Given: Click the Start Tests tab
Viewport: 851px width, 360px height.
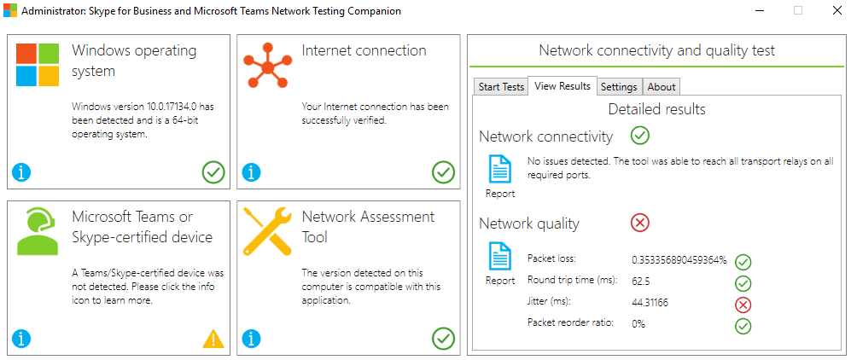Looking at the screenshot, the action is pos(502,87).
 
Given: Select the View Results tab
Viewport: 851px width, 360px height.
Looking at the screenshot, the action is pos(562,85).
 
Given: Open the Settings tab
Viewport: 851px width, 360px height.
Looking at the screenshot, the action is pos(619,87).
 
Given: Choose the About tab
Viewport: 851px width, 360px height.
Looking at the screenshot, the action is pos(661,87).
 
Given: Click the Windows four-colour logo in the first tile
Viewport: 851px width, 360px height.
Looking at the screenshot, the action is pos(38,65).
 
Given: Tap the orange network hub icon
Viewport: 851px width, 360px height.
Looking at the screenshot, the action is pos(267,67).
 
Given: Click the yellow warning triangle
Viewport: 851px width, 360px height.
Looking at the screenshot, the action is pos(213,339).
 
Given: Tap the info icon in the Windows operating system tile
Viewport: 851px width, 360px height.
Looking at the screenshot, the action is pos(21,173).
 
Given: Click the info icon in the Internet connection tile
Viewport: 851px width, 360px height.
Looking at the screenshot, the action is pos(251,173).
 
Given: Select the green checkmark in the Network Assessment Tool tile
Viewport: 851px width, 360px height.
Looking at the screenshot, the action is pos(443,339).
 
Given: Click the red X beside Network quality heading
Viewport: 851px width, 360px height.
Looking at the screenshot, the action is pos(640,223).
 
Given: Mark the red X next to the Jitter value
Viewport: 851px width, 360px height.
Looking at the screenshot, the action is pos(743,305).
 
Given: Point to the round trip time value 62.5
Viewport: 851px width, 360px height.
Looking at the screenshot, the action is pos(641,282).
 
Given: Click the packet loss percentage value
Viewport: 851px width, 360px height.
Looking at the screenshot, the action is pos(679,259).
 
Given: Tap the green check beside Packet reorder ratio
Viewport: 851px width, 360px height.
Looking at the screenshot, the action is pos(743,326).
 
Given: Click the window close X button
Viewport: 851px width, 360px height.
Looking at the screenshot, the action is pos(836,10).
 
